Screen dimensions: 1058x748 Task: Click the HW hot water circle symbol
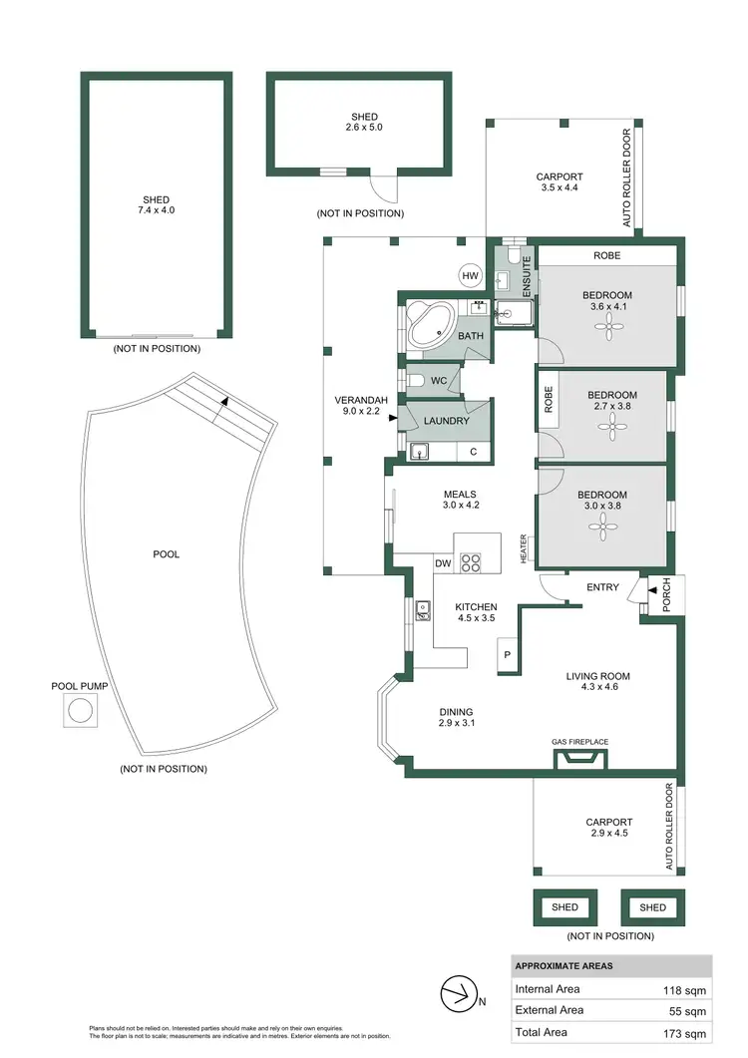pyautogui.click(x=470, y=276)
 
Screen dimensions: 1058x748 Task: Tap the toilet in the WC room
pyautogui.click(x=420, y=380)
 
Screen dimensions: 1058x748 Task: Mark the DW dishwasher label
pyautogui.click(x=443, y=564)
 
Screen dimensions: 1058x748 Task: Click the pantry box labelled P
pyautogui.click(x=507, y=655)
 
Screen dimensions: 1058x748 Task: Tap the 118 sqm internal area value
pyautogui.click(x=685, y=990)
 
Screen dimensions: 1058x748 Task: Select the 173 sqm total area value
pyautogui.click(x=685, y=1034)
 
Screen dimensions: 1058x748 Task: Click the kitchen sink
pyautogui.click(x=423, y=609)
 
